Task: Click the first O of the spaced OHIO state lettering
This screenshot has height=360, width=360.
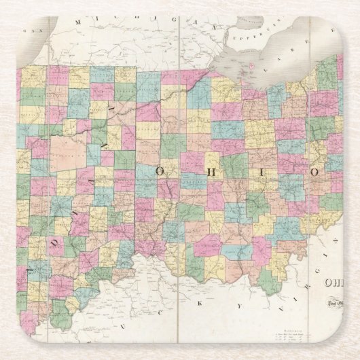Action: pos(160,172)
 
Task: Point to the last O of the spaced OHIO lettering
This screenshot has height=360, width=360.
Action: pos(315,172)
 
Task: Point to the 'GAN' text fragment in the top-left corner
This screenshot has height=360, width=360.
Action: pos(29,31)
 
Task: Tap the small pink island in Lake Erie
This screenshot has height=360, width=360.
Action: pos(251,66)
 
